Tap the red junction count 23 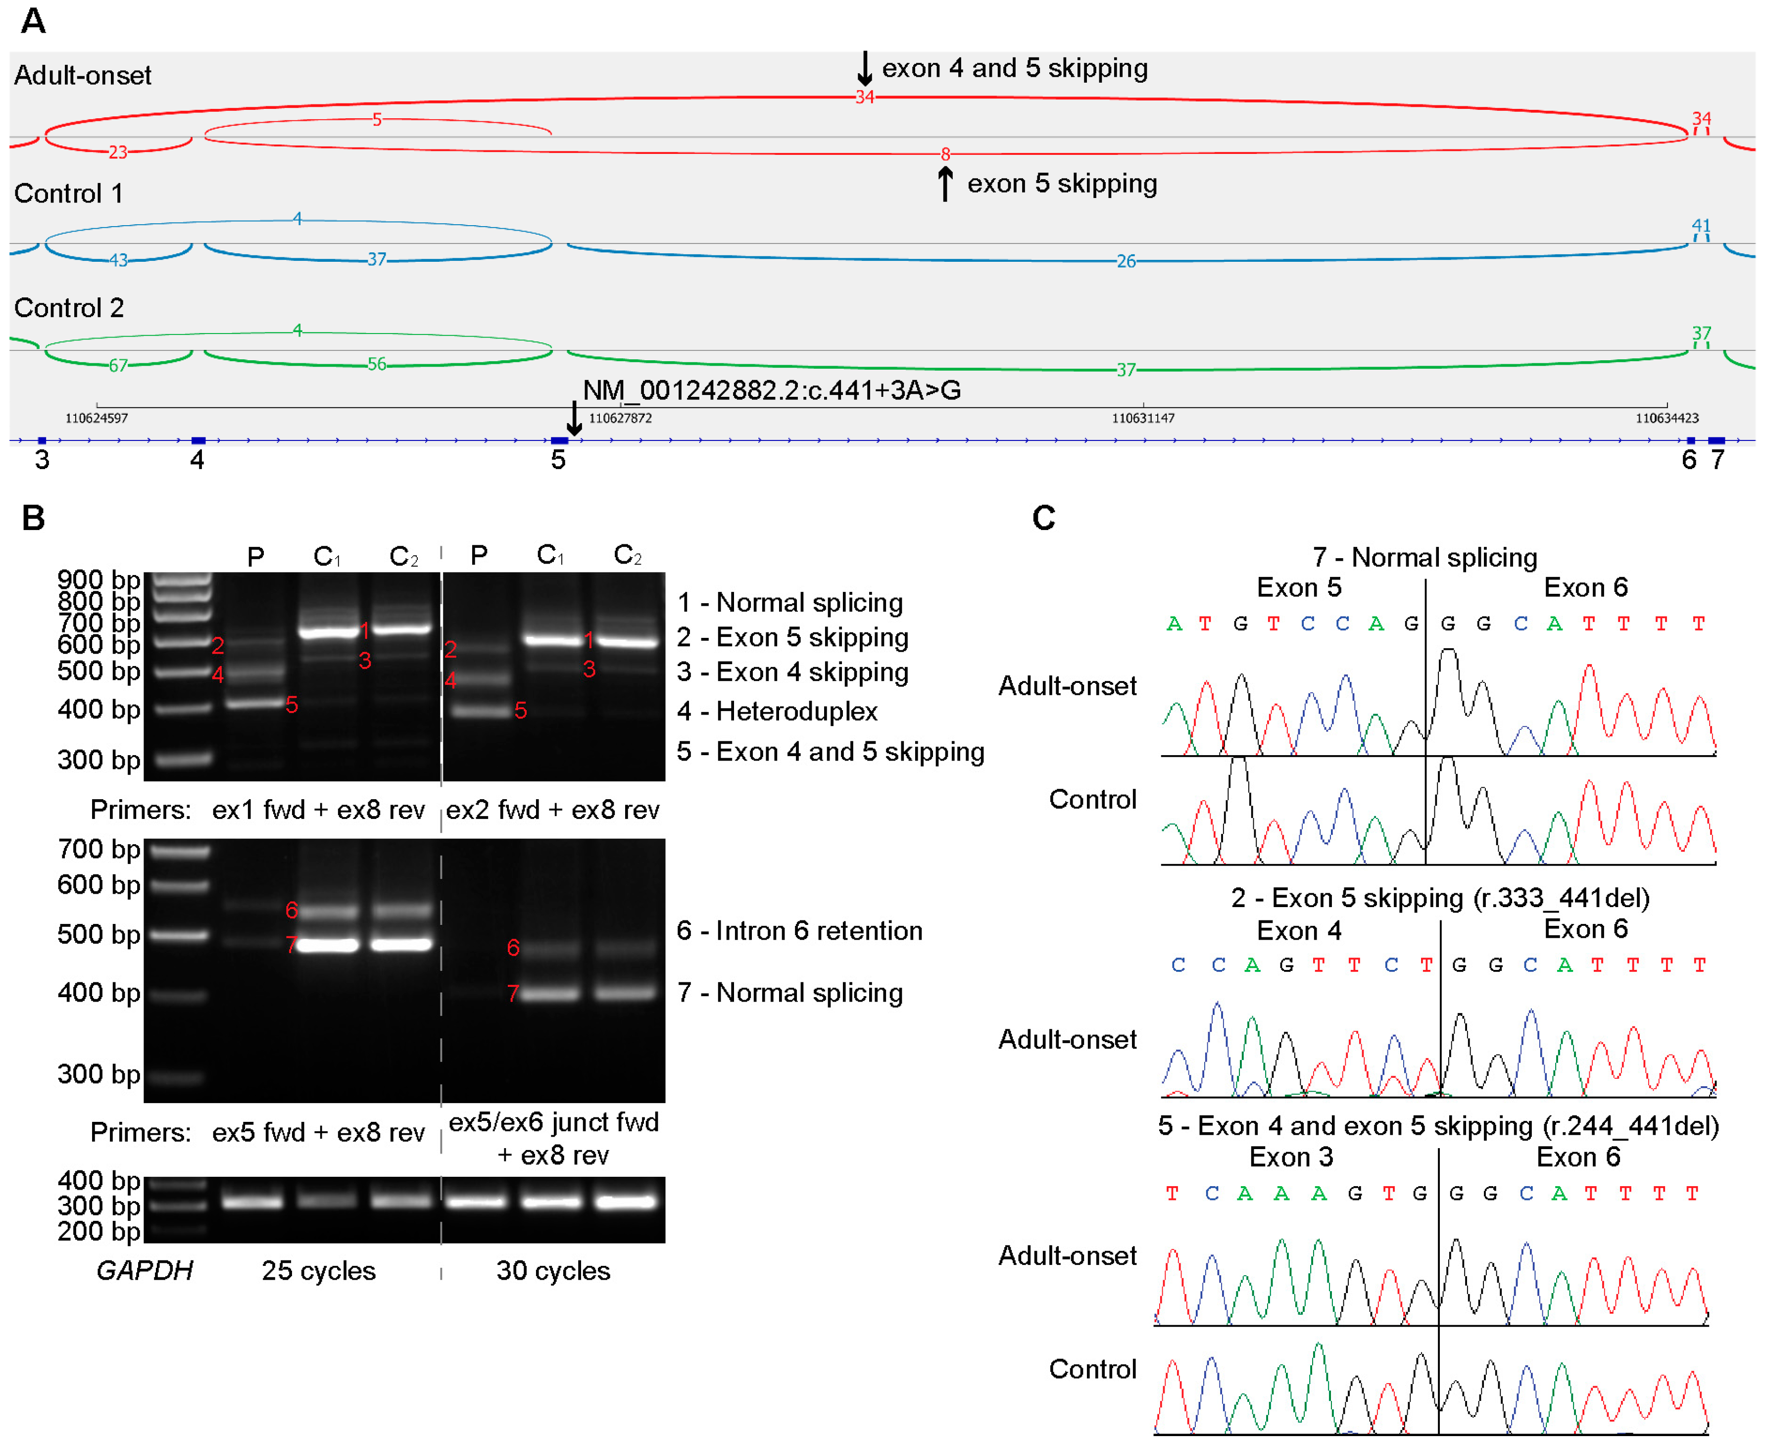(x=118, y=152)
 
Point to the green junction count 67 (x=118, y=365)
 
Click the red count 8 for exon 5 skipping (x=945, y=154)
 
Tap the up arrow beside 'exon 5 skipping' (x=945, y=183)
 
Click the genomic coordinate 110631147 (x=1143, y=418)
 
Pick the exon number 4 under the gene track (x=197, y=459)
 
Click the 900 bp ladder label (x=98, y=579)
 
